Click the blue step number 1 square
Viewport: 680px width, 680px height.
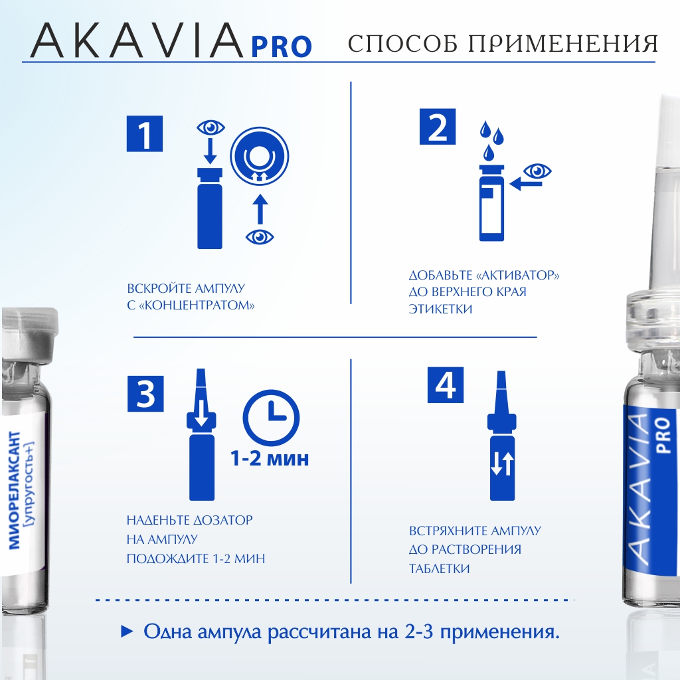tap(144, 133)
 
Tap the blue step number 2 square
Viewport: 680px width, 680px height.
tap(438, 127)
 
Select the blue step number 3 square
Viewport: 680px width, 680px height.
tap(145, 393)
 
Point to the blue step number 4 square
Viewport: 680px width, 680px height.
tap(446, 385)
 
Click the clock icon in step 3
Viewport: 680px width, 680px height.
tap(271, 418)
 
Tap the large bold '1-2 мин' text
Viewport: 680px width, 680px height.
tap(270, 458)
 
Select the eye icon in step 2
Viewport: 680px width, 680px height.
tap(537, 171)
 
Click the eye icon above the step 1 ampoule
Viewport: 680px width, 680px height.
tap(211, 127)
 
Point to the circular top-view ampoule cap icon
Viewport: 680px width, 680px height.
tap(260, 157)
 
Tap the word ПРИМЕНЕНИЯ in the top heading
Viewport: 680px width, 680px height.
tap(562, 43)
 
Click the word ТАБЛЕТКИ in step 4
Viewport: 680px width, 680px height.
tap(439, 568)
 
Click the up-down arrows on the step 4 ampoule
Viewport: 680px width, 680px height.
tap(502, 464)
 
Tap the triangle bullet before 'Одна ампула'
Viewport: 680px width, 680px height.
tap(126, 632)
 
